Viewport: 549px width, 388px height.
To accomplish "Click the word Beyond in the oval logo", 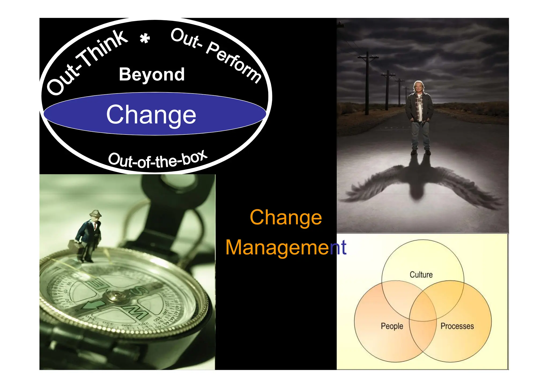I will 152,74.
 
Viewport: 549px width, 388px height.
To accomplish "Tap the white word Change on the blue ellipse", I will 151,115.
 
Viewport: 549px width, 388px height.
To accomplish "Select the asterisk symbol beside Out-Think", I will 145,39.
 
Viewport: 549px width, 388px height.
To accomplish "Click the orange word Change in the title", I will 286,217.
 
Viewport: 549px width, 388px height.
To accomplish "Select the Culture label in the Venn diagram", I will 421,275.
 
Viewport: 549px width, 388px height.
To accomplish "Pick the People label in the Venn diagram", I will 392,326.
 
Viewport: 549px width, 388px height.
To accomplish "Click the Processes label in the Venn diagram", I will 457,326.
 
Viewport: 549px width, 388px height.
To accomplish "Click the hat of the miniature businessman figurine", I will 95,214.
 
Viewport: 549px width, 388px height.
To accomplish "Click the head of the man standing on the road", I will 418,87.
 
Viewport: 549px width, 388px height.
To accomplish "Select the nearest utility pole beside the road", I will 367,83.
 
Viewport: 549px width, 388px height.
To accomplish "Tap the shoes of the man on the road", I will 421,152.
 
